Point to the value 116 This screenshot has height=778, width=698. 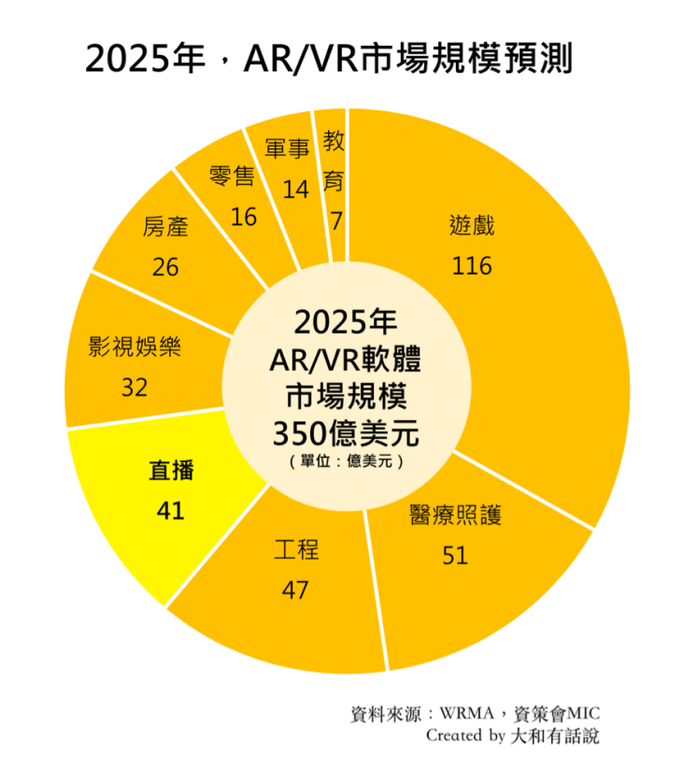coord(472,266)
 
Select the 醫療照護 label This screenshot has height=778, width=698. coord(455,516)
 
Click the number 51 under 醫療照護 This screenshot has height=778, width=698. coord(455,556)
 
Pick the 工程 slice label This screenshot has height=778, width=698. coord(296,549)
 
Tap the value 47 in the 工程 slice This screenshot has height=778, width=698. coord(295,590)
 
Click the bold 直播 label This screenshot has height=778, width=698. coord(172,471)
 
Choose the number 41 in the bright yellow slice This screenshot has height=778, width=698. coord(171,511)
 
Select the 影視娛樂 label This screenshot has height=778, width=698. coord(135,347)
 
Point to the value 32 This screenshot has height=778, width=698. coord(135,387)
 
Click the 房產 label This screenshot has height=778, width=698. coord(165,227)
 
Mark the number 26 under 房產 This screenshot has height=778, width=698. coord(165,267)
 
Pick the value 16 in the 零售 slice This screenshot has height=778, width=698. coord(243,217)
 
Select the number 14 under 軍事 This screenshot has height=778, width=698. coord(295,189)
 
